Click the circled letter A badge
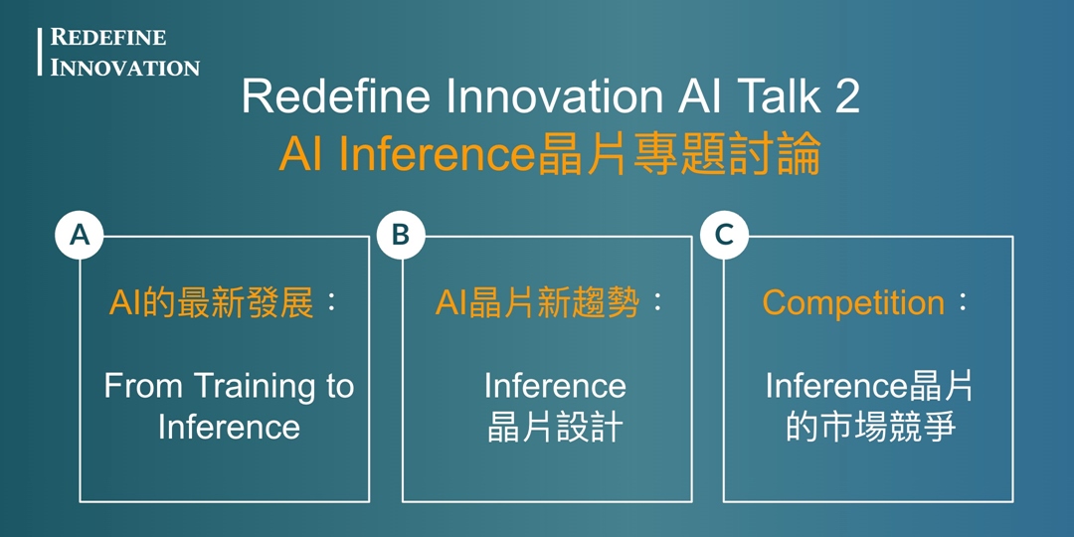(80, 235)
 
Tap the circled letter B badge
(401, 235)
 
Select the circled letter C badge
(724, 235)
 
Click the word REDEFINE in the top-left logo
(108, 38)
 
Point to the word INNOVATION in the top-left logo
(125, 68)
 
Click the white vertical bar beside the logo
(40, 52)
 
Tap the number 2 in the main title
(846, 97)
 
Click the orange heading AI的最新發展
(211, 302)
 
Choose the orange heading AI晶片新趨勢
(536, 302)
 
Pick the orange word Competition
(853, 302)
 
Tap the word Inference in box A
(229, 427)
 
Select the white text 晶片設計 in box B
(555, 427)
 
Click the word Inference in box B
(555, 386)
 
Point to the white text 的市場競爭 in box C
(870, 427)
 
